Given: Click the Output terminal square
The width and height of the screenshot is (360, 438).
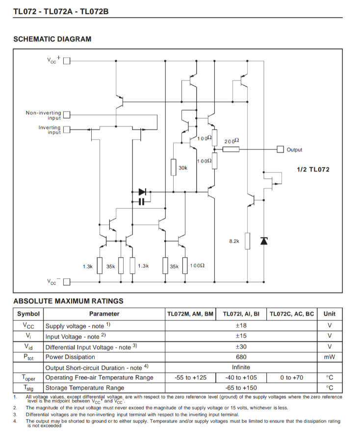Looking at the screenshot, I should [x=281, y=149].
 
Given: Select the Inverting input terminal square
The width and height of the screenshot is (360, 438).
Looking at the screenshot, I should [x=67, y=130].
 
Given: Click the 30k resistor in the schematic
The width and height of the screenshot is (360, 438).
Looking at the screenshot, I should [x=174, y=168].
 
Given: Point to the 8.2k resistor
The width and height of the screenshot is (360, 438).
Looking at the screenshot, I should [x=248, y=241].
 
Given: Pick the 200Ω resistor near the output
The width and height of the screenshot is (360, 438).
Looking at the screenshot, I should [x=231, y=149].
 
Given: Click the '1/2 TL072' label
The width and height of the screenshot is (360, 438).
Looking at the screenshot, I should [x=313, y=170].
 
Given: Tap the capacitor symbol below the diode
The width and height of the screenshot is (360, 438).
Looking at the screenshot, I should [x=142, y=202].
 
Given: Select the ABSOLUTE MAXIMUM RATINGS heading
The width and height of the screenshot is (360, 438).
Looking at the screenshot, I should [x=68, y=301].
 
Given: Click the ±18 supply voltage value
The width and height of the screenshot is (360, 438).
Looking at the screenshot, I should [x=241, y=325].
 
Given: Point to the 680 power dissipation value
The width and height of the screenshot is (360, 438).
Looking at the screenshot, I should [x=241, y=357].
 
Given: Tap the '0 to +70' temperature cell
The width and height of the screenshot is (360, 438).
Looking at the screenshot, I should [x=292, y=377].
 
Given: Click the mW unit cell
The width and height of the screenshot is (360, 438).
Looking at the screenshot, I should [x=329, y=357].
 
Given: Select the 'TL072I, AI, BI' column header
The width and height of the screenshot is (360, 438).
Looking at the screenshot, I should [x=241, y=314].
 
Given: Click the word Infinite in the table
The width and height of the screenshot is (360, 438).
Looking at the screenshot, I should [x=241, y=367].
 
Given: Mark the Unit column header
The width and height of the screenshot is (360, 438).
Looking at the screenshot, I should [x=329, y=314].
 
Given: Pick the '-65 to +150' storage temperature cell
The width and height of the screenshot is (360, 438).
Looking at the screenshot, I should [x=241, y=388].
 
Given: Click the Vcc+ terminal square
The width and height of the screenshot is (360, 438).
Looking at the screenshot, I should [x=67, y=61].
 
